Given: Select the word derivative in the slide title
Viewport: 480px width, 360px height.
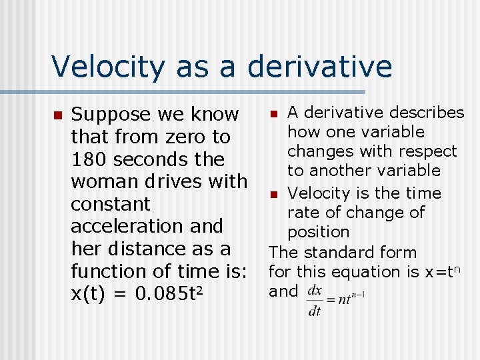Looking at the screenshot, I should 320,67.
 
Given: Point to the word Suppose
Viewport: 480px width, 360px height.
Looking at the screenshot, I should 111,115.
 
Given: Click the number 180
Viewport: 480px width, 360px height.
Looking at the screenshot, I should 89,160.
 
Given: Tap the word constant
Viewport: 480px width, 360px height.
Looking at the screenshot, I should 111,205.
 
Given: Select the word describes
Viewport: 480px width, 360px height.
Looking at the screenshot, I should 427,113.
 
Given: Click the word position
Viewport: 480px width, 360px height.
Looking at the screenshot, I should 318,233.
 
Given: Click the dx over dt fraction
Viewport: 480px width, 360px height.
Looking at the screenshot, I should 315,302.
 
